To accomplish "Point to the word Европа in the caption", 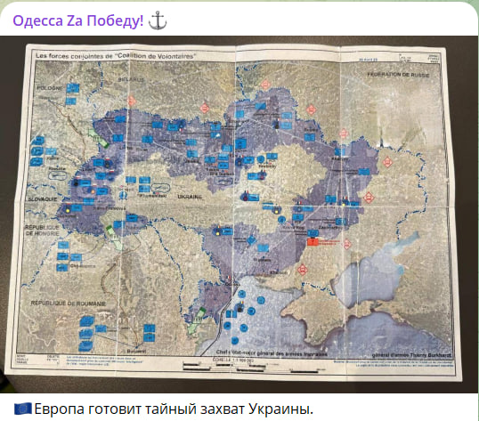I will [x=61, y=409].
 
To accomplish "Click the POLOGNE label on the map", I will [x=50, y=90].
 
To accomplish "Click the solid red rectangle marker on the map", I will [x=313, y=242].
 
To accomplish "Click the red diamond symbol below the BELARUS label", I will [x=134, y=101].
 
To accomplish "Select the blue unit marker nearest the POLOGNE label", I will [x=71, y=89].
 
